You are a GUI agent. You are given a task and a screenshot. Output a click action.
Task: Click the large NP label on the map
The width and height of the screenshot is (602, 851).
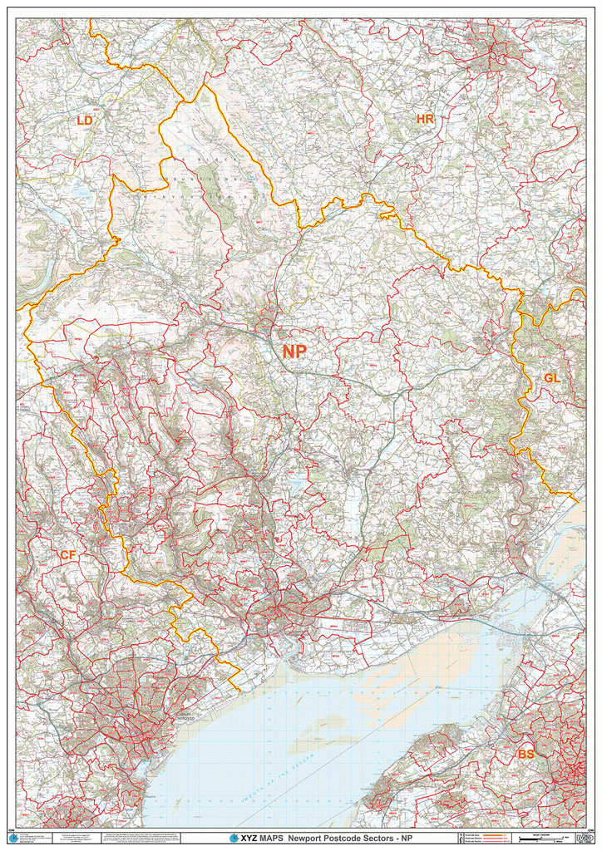click(294, 352)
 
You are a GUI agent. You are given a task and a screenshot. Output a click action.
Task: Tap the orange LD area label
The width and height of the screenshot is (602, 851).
click(84, 121)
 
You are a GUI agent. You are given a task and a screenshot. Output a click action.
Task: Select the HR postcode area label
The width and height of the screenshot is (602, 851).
click(425, 120)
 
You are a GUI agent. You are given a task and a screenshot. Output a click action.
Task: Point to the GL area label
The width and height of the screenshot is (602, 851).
click(552, 378)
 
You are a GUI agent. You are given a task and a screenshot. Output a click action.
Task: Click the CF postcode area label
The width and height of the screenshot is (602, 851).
click(67, 554)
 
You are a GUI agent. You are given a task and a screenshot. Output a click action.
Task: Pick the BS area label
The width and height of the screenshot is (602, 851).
click(526, 754)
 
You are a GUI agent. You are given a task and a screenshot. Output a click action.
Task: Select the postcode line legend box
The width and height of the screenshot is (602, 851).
click(486, 839)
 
